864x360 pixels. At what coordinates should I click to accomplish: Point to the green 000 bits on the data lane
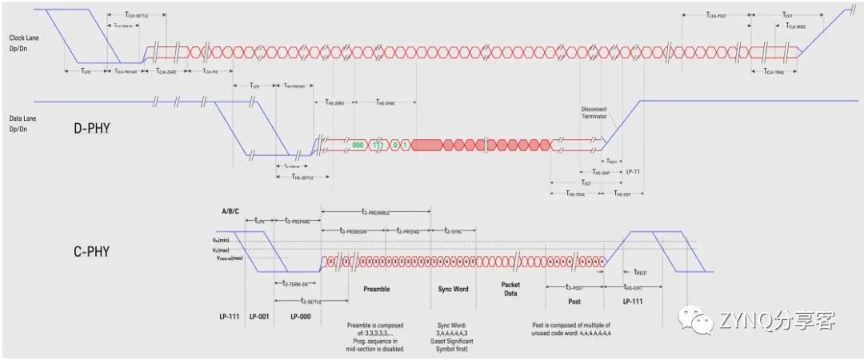pyautogui.click(x=358, y=145)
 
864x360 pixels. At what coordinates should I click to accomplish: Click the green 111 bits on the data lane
pyautogui.click(x=378, y=145)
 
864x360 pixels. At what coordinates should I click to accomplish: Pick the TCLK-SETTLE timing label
pyautogui.click(x=148, y=15)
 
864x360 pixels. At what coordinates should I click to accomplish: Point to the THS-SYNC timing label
pyautogui.click(x=386, y=103)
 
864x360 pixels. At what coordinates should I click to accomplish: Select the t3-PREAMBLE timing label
pyautogui.click(x=375, y=214)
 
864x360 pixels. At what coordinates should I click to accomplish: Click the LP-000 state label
pyautogui.click(x=300, y=315)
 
